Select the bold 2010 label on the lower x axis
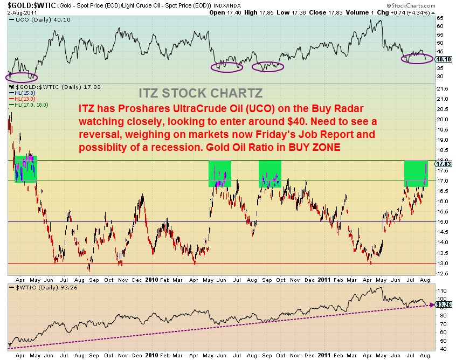151,356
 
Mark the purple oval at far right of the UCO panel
417,57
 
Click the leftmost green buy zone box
25,168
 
